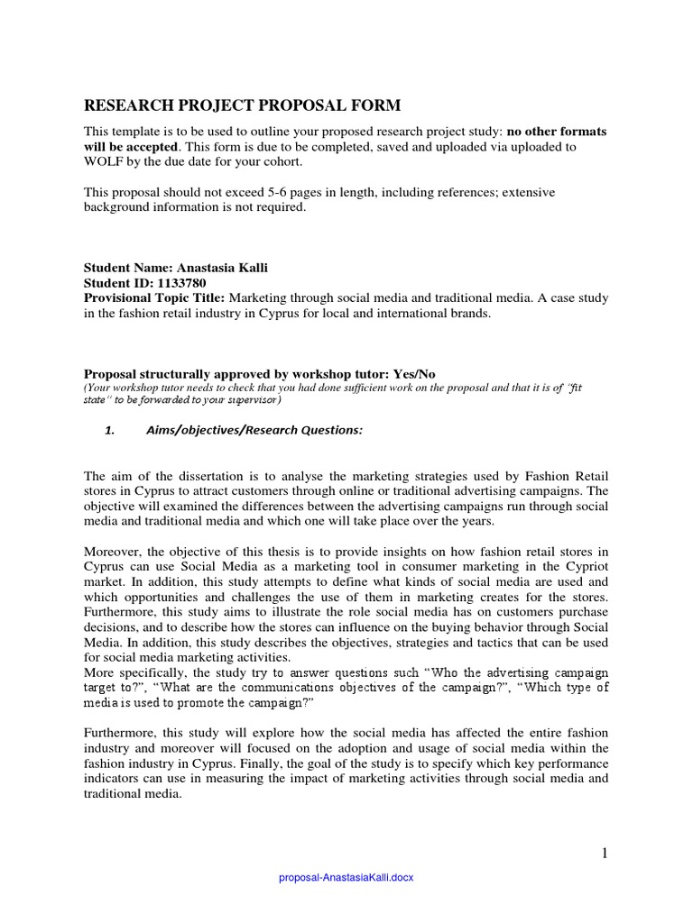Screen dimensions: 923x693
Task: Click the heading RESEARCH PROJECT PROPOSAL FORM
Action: (x=242, y=106)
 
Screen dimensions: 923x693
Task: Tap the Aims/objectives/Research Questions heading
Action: (x=254, y=431)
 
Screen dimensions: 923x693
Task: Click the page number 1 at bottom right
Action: (x=605, y=853)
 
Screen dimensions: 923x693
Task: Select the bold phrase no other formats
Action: (x=557, y=132)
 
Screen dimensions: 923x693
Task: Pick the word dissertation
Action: (x=200, y=476)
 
